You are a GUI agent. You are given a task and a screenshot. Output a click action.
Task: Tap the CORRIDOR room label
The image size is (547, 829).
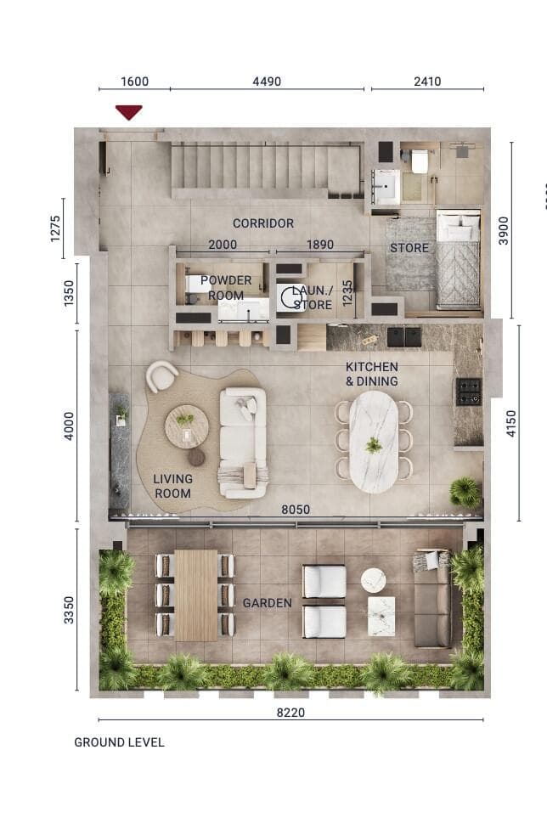click(x=263, y=223)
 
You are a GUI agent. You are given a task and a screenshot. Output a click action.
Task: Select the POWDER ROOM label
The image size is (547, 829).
click(x=226, y=288)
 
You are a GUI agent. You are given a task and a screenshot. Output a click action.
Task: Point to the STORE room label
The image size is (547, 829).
click(x=409, y=248)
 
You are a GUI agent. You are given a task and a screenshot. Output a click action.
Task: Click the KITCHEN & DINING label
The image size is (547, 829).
click(x=371, y=374)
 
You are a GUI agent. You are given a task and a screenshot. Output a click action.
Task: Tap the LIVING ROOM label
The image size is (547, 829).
click(x=172, y=486)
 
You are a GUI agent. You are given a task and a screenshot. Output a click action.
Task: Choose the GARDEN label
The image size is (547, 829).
click(x=268, y=603)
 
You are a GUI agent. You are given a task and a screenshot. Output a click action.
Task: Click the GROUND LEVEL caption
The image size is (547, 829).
click(x=119, y=742)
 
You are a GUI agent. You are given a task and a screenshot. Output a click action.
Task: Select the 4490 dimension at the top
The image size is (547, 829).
click(x=267, y=82)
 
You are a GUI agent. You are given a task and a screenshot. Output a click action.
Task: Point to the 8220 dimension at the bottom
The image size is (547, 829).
click(x=291, y=713)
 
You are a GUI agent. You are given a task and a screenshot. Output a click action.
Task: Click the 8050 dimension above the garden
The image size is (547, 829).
click(x=296, y=510)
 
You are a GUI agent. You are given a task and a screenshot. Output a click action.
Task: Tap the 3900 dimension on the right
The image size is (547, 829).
click(x=504, y=230)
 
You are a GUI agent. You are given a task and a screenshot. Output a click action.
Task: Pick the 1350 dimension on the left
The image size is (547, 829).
click(x=70, y=293)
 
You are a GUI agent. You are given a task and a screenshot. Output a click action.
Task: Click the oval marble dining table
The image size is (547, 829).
click(x=374, y=441)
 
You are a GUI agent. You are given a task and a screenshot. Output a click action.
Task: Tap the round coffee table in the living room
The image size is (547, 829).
click(x=186, y=426)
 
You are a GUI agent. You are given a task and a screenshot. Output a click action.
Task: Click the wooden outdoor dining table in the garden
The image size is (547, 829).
click(x=196, y=595)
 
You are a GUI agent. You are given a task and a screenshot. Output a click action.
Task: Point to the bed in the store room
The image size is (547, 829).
click(x=459, y=261)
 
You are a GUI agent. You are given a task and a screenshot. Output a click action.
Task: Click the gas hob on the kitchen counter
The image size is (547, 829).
click(x=468, y=392)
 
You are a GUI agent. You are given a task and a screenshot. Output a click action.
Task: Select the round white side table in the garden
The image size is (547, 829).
click(x=374, y=580)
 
